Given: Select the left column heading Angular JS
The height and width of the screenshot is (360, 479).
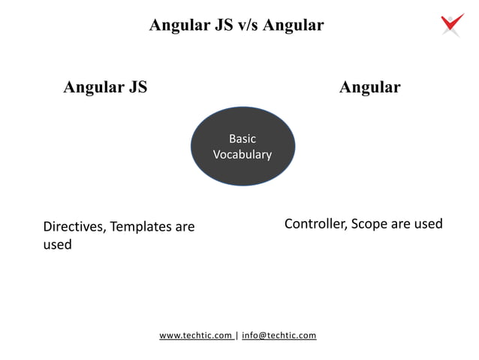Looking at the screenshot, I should [105, 87].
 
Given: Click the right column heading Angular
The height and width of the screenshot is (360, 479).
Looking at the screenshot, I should [369, 87].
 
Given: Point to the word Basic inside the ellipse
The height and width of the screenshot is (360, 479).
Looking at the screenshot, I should [242, 139].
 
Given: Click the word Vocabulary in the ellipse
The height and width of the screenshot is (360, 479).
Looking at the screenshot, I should [242, 155].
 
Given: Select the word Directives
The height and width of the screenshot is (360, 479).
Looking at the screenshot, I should [74, 226].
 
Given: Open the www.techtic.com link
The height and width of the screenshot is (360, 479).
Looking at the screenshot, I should [195, 335].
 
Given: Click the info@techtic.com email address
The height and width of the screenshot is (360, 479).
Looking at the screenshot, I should [279, 335].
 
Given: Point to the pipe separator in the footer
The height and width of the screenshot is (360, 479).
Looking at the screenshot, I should [237, 335].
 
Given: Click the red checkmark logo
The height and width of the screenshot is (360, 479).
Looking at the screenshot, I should [452, 24].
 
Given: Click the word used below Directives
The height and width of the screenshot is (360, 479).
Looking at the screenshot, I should [57, 244].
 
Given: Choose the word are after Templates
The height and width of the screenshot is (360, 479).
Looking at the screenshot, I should [184, 226].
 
